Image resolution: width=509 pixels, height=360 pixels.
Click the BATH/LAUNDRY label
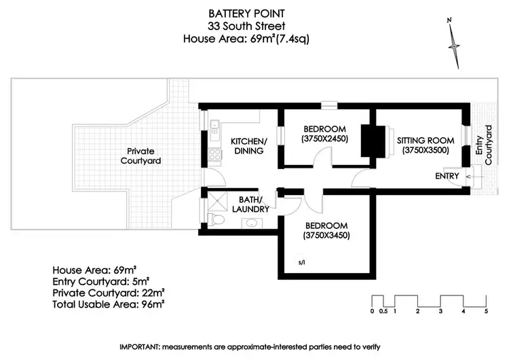(x=255, y=204)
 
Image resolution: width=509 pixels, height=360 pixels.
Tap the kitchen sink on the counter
(x=214, y=126)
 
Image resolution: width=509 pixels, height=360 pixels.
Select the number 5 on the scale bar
(x=486, y=312)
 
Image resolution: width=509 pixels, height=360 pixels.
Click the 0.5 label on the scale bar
(x=383, y=312)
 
